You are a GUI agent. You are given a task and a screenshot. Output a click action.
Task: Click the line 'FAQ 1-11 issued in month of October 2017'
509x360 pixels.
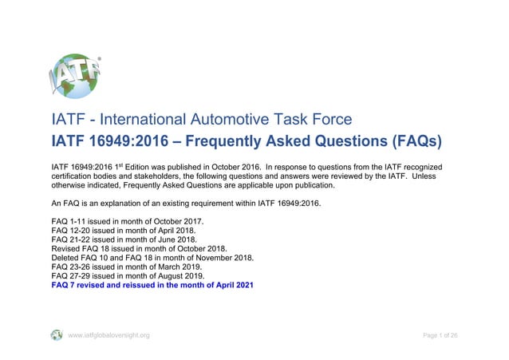pyautogui.click(x=128, y=220)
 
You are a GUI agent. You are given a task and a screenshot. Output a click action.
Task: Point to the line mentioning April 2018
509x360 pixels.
pyautogui.click(x=123, y=229)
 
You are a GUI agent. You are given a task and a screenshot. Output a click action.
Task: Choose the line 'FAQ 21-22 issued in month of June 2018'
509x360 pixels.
pyautogui.click(x=124, y=239)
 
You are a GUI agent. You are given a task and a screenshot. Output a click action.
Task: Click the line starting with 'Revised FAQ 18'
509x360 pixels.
pyautogui.click(x=138, y=248)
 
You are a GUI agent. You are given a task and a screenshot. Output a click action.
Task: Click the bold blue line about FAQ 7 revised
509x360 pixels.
pyautogui.click(x=152, y=285)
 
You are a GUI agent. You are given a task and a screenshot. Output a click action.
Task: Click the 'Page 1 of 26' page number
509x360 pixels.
pyautogui.click(x=440, y=335)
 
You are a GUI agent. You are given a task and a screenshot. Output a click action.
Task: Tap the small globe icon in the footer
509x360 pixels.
pyautogui.click(x=57, y=335)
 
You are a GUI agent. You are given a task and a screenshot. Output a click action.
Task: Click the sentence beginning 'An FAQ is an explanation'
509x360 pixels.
pyautogui.click(x=184, y=204)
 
